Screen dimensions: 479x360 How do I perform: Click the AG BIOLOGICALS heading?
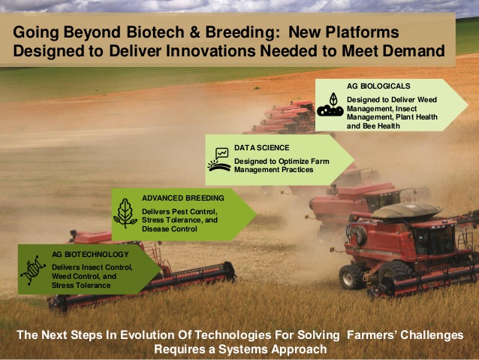pos(378,86)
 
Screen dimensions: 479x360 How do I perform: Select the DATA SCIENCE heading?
pos(262,148)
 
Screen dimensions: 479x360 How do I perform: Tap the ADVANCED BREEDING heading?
pos(183,198)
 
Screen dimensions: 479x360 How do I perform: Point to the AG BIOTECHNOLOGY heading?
pos(90,255)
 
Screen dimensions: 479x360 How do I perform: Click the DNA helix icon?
pos(33,270)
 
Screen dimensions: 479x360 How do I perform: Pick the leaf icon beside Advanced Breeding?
pos(125,213)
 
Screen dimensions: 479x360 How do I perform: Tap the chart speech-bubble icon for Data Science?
pos(219,159)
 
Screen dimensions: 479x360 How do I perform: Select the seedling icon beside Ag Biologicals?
pos(330,104)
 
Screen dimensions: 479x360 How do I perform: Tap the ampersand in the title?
pos(194,32)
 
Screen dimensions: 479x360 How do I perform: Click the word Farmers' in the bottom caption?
pos(371,335)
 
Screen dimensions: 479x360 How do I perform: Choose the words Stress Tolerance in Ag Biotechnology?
pos(81,286)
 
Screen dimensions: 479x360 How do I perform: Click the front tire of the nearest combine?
pos(352,277)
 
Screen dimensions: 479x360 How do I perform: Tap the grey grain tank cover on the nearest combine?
pos(408,210)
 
